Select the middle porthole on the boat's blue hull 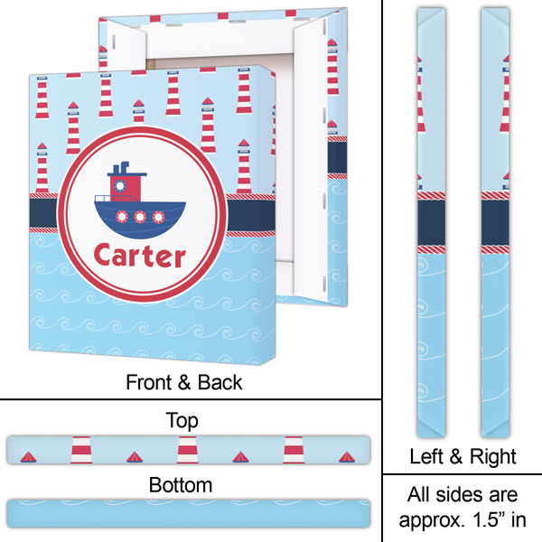click(140, 218)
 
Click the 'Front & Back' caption click(183, 381)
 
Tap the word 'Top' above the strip click(183, 421)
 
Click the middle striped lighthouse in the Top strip click(188, 448)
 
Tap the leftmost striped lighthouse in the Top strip click(82, 448)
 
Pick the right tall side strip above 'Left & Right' click(493, 217)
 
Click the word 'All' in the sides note click(420, 496)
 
